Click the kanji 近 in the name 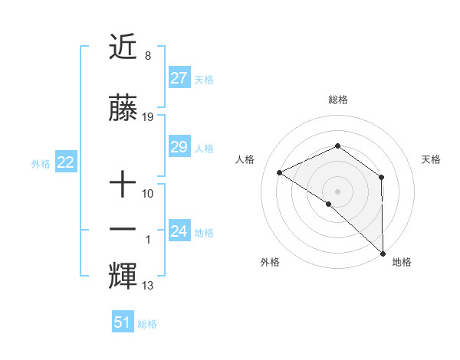point(123,47)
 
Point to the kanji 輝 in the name point(123,275)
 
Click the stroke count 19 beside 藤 point(148,117)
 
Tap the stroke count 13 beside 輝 point(148,286)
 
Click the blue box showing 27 point(179,78)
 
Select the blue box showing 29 point(179,147)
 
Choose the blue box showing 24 point(179,231)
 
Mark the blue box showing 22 point(65,162)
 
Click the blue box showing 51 point(123,322)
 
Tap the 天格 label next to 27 point(204,79)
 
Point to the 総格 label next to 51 point(147,323)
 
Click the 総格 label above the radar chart point(337,100)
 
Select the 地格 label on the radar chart point(402,262)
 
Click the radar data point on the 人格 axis point(280,173)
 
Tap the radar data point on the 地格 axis point(383,253)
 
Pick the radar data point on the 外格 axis point(328,204)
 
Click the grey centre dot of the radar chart point(337,191)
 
